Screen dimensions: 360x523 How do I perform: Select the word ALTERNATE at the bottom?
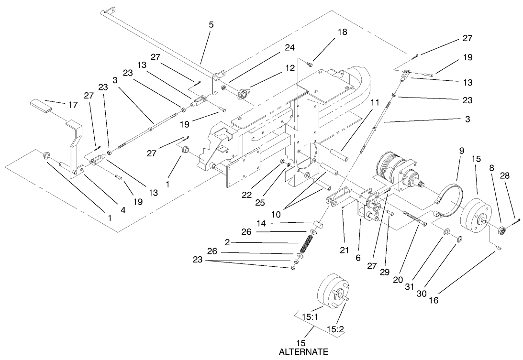(303, 352)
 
